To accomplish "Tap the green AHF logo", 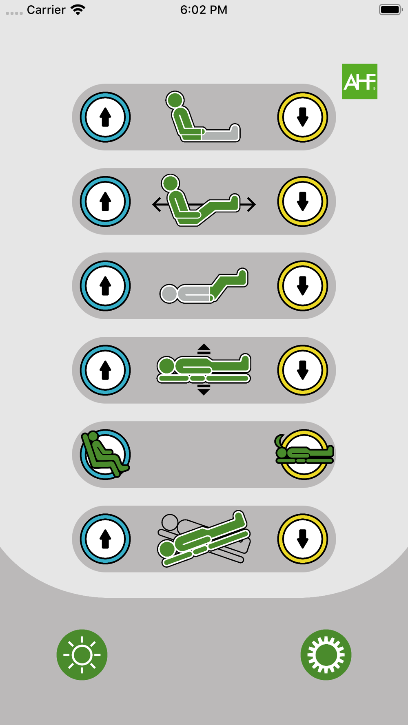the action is pos(359,81).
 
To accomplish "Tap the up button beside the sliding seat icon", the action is pos(105,201).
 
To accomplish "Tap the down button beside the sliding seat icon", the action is pos(303,201).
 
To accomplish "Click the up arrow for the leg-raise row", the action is pos(105,286).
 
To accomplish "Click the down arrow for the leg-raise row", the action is pos(303,286).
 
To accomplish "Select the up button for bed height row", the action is pos(105,370).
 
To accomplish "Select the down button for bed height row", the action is pos(303,370).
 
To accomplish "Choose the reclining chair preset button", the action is pos(105,454).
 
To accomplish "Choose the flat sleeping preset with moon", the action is pos(304,454).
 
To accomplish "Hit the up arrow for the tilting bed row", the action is pos(105,539).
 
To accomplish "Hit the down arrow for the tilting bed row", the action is pos(303,539).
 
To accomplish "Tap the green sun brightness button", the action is pos(82,655).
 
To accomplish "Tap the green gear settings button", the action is pos(326,655).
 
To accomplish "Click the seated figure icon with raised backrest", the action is pos(203,117).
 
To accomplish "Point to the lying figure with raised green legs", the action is pos(204,286).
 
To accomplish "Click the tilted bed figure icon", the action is pos(204,539).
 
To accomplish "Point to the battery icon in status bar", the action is pos(391,9).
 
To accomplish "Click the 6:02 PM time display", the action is pos(204,10).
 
